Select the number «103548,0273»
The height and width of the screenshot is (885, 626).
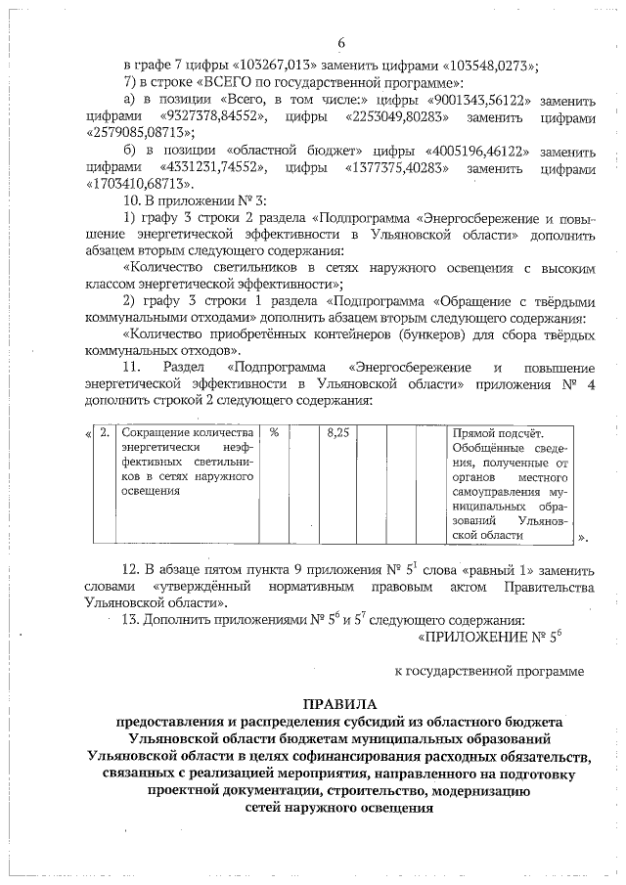(x=483, y=66)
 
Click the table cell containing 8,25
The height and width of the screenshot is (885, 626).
(x=338, y=431)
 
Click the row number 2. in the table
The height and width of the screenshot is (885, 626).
(x=104, y=431)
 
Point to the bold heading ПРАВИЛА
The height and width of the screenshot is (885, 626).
(x=338, y=704)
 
